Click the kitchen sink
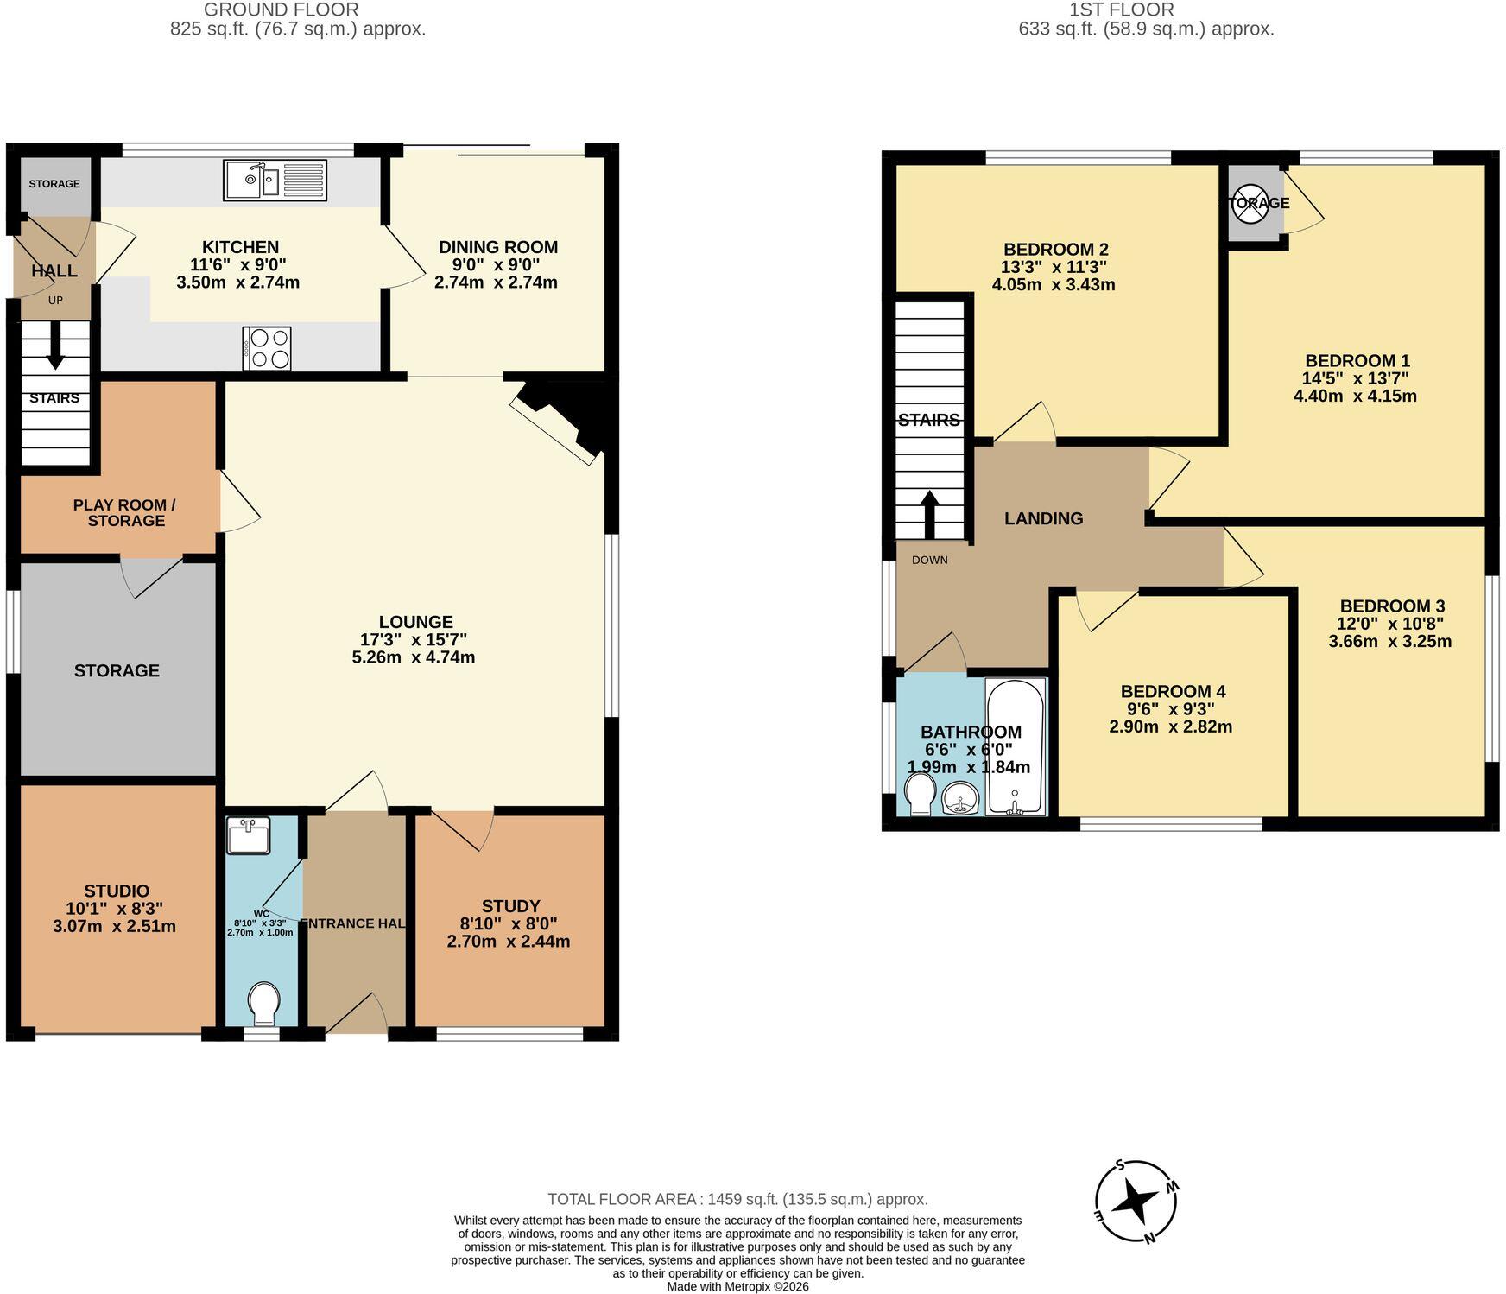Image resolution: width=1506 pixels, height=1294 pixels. (275, 180)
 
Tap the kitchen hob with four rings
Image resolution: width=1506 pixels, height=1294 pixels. (267, 348)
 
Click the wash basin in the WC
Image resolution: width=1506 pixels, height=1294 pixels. (249, 835)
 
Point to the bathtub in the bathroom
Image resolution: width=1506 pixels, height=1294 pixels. (1016, 747)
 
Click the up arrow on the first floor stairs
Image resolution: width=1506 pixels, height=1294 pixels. (929, 516)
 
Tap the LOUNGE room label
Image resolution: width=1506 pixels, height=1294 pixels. (416, 622)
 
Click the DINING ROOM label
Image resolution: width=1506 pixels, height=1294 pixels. (498, 247)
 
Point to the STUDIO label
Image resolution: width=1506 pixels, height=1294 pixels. (117, 891)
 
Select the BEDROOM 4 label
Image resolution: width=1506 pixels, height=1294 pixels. (1173, 691)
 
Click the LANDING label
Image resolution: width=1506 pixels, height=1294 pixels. (1043, 518)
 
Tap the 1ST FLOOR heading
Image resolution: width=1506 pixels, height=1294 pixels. (1121, 10)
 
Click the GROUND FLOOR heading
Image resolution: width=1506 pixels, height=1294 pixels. (281, 10)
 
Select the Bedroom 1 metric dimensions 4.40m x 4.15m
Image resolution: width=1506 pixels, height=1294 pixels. (1355, 396)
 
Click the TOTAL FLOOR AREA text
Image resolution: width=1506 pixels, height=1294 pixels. (737, 1199)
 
